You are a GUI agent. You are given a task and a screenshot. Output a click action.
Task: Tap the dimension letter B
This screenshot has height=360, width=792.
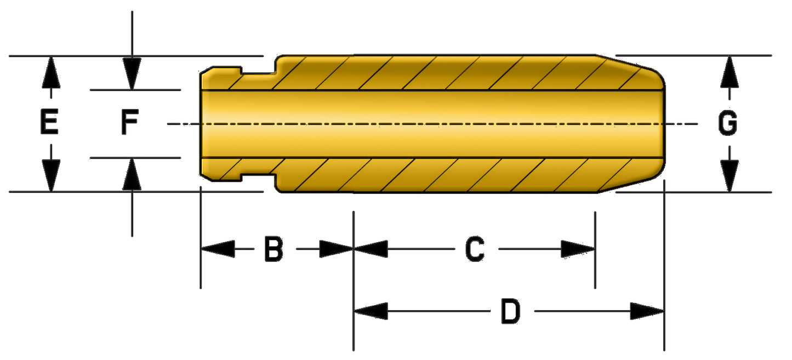pos(274,249)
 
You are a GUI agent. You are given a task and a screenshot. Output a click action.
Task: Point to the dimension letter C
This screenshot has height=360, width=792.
pos(475,249)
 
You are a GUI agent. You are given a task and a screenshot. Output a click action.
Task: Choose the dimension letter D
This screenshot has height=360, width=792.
pos(510,312)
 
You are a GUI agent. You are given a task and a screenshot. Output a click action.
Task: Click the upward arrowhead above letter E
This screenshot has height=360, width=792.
pos(50,71)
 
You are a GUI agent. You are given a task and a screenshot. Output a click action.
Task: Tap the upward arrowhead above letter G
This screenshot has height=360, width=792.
pos(728,71)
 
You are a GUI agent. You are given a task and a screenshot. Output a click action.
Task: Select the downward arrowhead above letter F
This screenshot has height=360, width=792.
pos(132,74)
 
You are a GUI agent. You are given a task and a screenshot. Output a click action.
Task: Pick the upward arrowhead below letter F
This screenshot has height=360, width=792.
pos(132,174)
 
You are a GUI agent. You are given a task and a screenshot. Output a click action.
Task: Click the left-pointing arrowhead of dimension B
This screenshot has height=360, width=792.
pos(217,249)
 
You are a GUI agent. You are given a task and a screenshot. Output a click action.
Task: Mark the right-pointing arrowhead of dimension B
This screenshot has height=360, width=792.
pos(336,249)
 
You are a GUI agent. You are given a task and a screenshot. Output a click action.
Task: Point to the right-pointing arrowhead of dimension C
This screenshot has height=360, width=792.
pos(578,249)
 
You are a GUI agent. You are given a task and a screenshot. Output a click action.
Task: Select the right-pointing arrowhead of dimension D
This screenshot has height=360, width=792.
pos(647,312)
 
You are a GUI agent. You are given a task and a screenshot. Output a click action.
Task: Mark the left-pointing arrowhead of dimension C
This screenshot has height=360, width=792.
pos(371,249)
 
